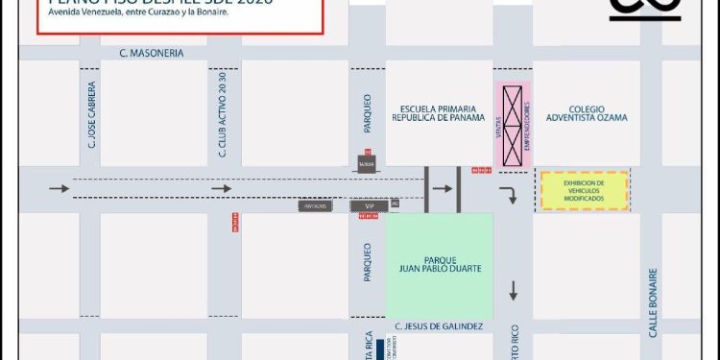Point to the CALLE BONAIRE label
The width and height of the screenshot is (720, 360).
pos(654,301)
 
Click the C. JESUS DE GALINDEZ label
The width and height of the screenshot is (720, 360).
pos(439,327)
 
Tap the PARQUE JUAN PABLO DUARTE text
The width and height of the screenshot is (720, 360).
pos(440,265)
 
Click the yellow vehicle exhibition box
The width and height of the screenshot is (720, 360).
pos(584,190)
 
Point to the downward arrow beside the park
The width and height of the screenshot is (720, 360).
pos(514,290)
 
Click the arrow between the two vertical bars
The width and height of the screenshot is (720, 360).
pos(443,189)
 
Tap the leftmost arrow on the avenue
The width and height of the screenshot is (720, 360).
pos(60,189)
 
